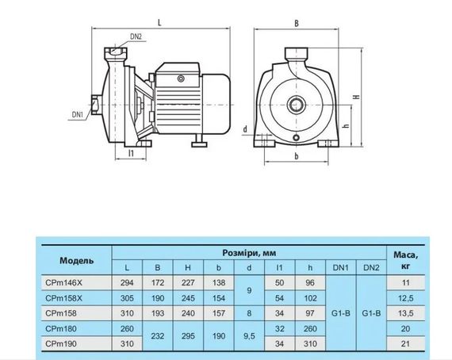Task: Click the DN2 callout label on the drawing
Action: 136,36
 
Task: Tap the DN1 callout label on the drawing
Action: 77,115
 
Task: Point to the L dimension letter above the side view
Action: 159,22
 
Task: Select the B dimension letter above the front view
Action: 297,23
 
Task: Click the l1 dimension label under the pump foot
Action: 131,153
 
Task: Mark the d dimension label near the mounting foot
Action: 245,129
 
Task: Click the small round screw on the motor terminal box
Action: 181,79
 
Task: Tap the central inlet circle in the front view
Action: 296,105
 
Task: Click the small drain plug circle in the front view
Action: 296,138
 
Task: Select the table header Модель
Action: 77,261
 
